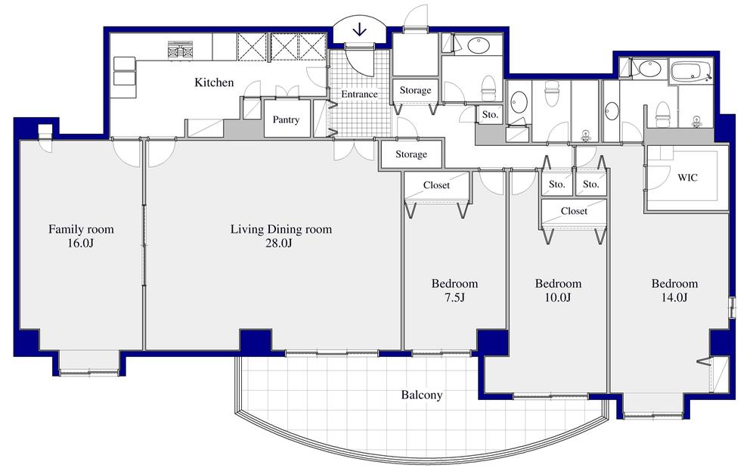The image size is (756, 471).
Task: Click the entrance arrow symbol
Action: (360, 29)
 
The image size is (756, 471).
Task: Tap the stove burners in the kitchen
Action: (181, 51)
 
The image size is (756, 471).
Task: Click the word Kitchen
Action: (214, 82)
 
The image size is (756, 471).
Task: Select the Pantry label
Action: (286, 119)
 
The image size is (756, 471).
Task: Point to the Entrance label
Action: (359, 95)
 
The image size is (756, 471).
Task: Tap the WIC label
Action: (687, 178)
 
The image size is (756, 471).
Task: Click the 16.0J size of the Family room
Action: (81, 243)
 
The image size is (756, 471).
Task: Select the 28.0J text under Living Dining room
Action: (280, 243)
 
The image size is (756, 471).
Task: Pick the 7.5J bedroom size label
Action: (454, 298)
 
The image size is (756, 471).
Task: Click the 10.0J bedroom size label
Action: (558, 298)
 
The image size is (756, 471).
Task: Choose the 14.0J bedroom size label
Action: (674, 298)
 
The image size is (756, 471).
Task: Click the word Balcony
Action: (422, 395)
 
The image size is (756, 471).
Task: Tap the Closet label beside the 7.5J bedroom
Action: (436, 184)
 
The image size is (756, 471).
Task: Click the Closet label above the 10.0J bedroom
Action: (574, 211)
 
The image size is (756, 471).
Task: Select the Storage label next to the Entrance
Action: (415, 90)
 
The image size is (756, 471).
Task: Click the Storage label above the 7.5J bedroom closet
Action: (411, 154)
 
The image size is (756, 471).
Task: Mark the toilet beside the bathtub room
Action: (663, 113)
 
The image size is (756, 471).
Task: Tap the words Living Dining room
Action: (280, 229)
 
